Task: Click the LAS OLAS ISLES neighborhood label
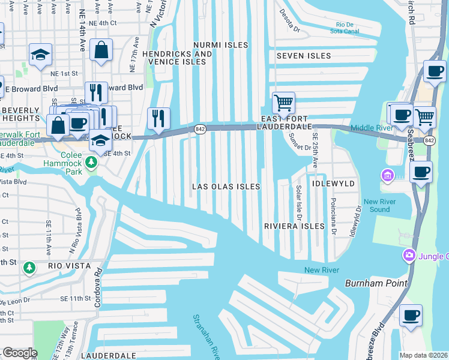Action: click(x=226, y=187)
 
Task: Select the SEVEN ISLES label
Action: click(x=303, y=56)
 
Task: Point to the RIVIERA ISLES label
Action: click(x=294, y=226)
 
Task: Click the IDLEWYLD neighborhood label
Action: click(x=333, y=183)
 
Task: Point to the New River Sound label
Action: click(x=377, y=206)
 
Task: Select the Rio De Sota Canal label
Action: click(x=345, y=28)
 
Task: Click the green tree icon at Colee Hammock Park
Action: click(x=91, y=163)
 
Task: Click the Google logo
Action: click(x=20, y=353)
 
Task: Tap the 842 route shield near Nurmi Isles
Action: click(x=200, y=128)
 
